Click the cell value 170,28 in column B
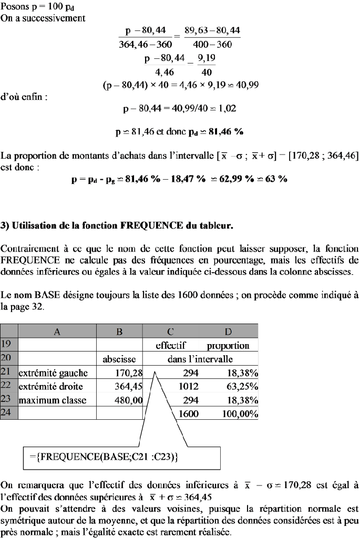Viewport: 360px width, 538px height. click(x=130, y=374)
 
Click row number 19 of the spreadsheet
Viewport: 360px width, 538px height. click(x=9, y=346)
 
